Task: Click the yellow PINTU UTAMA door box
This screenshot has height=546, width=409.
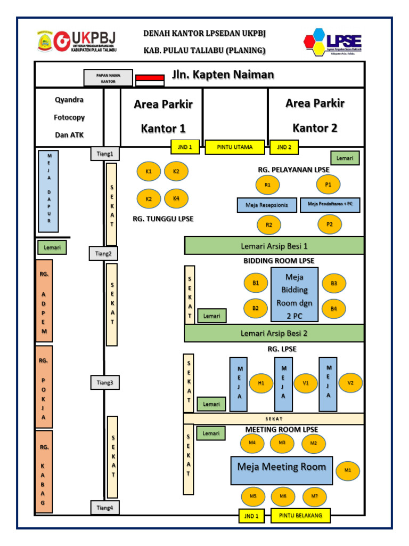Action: (236, 147)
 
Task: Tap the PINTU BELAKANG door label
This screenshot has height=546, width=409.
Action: (300, 516)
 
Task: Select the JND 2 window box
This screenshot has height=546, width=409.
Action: (284, 147)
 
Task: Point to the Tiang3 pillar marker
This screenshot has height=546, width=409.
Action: (104, 382)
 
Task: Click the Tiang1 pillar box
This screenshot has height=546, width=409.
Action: (104, 154)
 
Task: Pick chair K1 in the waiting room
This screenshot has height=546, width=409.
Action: (149, 172)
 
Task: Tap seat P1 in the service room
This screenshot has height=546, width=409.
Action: (328, 184)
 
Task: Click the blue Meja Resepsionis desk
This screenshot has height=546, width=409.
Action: (267, 205)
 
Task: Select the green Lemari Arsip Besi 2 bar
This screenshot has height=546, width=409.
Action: (274, 333)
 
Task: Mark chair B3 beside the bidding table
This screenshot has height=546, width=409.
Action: (334, 283)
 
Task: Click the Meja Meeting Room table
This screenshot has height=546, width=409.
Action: (282, 470)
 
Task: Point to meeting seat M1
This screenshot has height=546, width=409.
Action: (348, 470)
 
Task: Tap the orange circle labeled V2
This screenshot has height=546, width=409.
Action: (350, 383)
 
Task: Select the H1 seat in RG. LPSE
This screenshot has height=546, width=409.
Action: (261, 383)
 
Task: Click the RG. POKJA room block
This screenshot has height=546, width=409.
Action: (44, 387)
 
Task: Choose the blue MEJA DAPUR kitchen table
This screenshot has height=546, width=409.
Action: (48, 191)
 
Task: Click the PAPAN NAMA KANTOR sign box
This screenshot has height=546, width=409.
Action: (108, 78)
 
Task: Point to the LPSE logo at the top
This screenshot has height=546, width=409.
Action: (332, 42)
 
